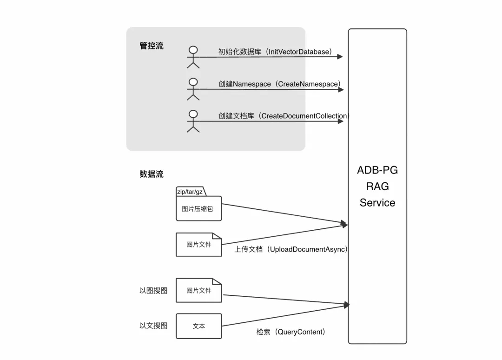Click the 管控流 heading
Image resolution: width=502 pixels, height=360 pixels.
(152, 46)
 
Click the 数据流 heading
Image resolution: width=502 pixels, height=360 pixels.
(152, 174)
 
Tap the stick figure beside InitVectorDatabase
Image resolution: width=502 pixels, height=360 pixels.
(193, 57)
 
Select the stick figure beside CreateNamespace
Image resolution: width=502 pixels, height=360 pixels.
(193, 89)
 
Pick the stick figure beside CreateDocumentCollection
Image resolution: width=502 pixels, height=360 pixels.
(193, 121)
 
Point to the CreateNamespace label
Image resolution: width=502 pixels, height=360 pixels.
(280, 84)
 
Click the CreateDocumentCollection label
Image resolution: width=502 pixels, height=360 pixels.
(284, 116)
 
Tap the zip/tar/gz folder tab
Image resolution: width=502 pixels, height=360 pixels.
(190, 192)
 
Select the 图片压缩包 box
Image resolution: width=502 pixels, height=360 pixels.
(198, 209)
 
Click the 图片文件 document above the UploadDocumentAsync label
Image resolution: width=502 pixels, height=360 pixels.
(198, 245)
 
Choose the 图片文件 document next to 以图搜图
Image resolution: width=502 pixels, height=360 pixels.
(198, 291)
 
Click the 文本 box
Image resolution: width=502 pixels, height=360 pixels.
(198, 326)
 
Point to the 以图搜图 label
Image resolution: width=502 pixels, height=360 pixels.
(153, 291)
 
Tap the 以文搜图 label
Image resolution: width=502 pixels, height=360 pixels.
(153, 326)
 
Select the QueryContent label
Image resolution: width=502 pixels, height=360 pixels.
(291, 332)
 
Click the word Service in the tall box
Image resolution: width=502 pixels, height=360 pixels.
(377, 203)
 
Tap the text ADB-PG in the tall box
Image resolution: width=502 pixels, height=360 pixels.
(377, 170)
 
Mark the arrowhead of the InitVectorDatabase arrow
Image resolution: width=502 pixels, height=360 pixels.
(340, 57)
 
